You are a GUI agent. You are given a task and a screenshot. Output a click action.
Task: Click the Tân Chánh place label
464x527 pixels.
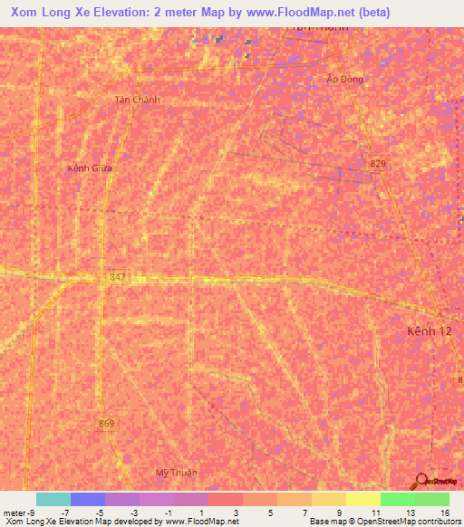[138, 100]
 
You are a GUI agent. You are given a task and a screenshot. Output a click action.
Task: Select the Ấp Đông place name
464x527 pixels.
[345, 80]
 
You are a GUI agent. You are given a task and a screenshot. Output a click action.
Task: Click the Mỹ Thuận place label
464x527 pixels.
[176, 473]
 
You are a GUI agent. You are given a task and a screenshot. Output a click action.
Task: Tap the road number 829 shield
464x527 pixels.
[378, 163]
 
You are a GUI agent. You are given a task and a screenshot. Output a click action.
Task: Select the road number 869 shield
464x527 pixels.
[107, 423]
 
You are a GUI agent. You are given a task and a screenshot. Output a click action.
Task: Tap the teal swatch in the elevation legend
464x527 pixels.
[53, 499]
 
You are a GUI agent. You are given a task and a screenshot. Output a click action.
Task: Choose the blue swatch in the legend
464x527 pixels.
[88, 499]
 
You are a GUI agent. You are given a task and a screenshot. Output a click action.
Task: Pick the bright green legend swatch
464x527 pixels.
[398, 499]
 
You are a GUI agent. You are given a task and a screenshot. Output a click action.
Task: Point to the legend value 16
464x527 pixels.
[444, 513]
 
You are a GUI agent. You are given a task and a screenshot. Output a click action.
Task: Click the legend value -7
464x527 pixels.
[65, 513]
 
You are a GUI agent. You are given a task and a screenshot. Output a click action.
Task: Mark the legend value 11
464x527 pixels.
[375, 513]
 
